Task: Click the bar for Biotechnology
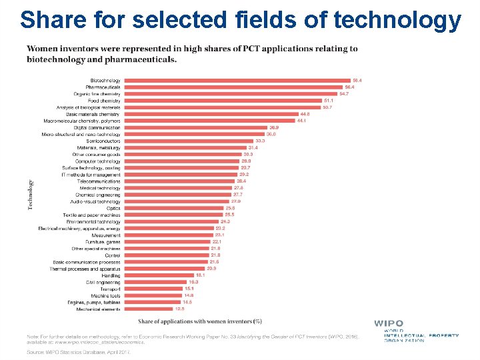237,81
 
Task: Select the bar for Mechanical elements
147,309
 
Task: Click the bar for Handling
158,275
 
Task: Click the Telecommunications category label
99,181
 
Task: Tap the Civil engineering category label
103,283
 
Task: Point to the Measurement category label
106,235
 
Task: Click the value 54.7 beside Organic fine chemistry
345,94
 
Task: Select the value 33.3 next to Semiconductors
260,141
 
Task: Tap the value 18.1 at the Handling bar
199,275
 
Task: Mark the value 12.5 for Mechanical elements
179,309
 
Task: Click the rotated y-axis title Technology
30,195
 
